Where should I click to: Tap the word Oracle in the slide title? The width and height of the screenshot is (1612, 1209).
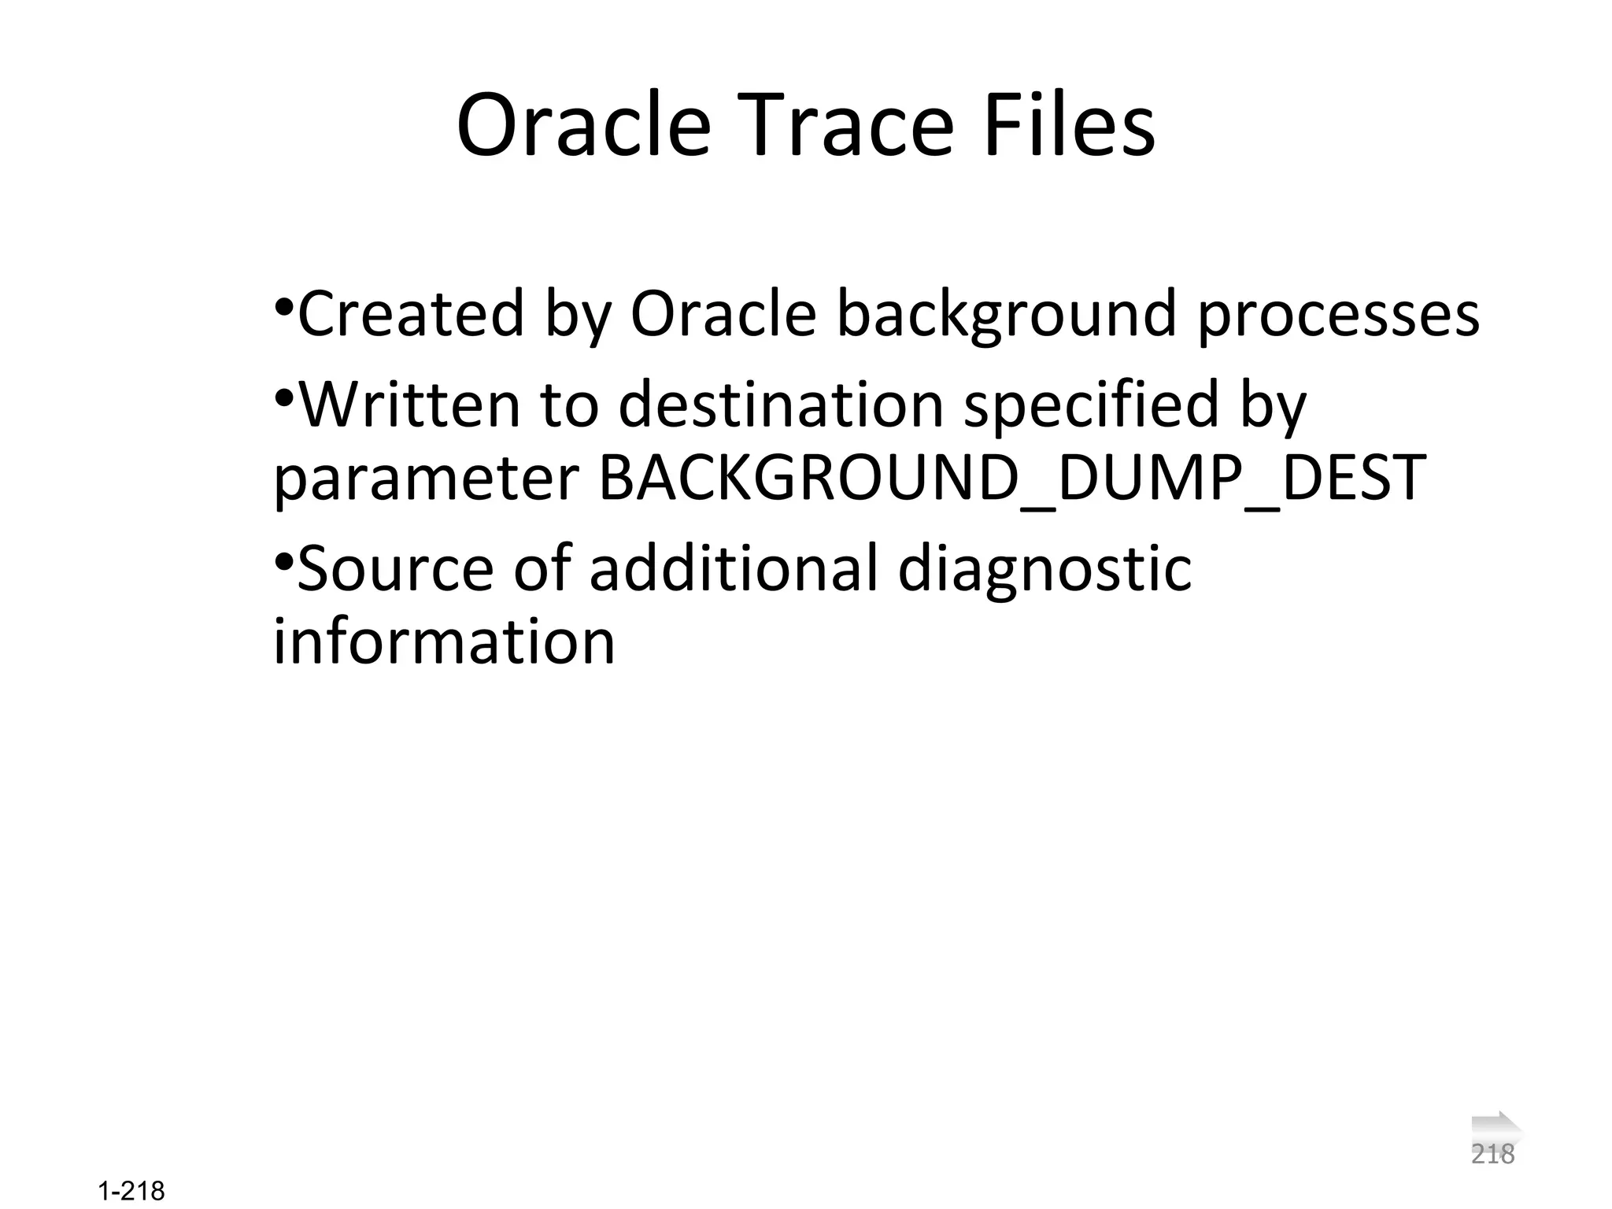tap(583, 126)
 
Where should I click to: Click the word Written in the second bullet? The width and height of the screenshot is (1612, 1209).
tap(409, 404)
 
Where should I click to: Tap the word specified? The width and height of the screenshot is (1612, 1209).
tap(1091, 404)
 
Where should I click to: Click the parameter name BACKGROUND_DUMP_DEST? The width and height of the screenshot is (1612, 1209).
tap(1012, 478)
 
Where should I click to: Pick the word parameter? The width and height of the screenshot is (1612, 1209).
tap(426, 479)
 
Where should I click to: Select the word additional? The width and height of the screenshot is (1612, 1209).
tap(733, 568)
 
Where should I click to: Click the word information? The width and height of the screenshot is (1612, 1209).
tap(443, 641)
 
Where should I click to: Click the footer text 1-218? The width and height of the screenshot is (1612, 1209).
tap(132, 1191)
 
